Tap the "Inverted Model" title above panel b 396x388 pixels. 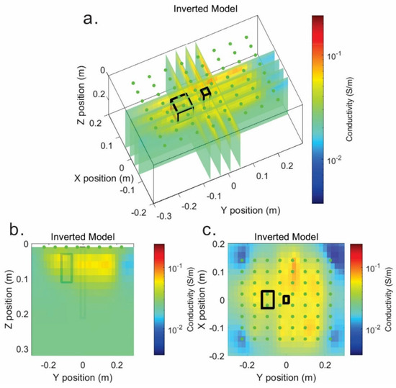[x=81, y=237]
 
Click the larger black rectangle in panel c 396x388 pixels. [x=267, y=299]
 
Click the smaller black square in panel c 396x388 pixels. [x=286, y=299]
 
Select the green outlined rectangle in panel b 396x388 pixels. [x=67, y=268]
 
